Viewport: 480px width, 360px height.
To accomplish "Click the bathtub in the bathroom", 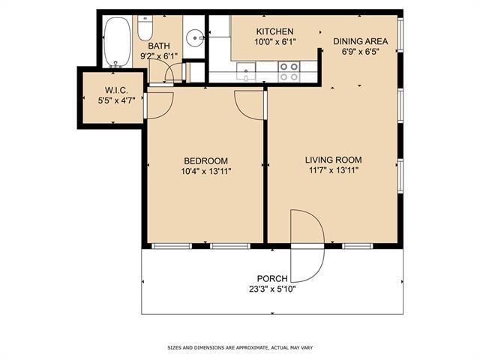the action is [x=118, y=42].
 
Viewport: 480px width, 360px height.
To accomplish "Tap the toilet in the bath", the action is [x=145, y=28].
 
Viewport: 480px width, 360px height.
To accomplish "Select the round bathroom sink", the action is [x=195, y=37].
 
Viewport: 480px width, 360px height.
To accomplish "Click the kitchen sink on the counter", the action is [x=246, y=71].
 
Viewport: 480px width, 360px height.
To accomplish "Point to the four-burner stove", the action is [x=289, y=72].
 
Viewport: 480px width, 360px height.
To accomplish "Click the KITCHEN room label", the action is [x=274, y=31].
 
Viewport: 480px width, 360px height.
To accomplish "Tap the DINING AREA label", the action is [x=360, y=41].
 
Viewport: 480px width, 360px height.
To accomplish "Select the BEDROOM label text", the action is [x=205, y=160].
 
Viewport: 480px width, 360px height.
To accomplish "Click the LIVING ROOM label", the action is [x=333, y=160].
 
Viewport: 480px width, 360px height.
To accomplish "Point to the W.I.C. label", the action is [x=116, y=90].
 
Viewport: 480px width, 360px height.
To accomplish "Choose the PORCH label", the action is [x=272, y=278].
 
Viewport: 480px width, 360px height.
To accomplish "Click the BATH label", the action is [x=159, y=46].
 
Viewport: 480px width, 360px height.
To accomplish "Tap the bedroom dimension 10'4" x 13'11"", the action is [x=205, y=171].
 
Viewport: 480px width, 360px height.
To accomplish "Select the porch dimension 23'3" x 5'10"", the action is [x=272, y=289].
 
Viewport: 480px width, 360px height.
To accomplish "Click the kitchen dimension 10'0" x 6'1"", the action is [x=274, y=42].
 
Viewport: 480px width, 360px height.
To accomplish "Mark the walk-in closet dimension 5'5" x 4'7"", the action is [x=116, y=100].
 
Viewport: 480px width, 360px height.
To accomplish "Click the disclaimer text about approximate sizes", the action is [x=240, y=348].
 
